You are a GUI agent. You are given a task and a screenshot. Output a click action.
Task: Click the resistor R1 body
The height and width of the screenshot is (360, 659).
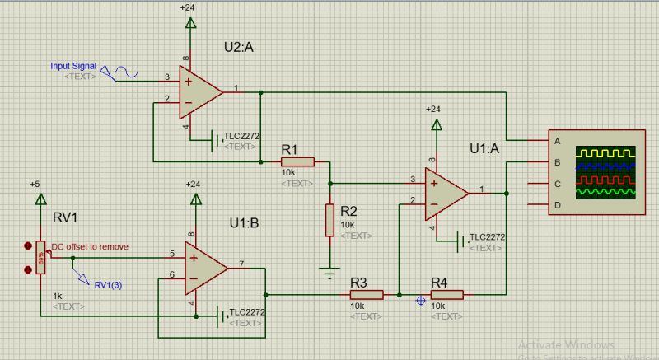tap(297, 161)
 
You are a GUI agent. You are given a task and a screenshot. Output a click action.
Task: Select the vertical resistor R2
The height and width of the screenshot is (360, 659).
tap(329, 219)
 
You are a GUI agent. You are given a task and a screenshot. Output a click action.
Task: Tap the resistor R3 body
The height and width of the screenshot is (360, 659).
tap(367, 294)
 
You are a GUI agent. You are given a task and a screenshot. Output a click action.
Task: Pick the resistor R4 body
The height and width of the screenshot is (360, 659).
tap(447, 294)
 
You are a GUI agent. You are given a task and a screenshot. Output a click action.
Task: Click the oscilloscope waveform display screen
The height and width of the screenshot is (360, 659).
tap(606, 173)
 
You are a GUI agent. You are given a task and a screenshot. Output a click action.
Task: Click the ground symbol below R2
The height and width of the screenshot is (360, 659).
tap(329, 269)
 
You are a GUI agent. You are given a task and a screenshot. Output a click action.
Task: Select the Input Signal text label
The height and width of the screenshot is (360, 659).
tap(73, 65)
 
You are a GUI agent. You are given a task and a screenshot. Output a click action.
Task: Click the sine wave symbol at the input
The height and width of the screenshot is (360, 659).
tap(125, 73)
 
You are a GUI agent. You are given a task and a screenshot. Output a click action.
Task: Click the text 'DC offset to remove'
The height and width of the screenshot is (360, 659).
tap(90, 246)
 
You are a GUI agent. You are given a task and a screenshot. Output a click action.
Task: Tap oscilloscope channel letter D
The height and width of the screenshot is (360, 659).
tap(558, 204)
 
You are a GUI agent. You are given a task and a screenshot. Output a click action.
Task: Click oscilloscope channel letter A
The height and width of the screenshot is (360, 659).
tap(558, 141)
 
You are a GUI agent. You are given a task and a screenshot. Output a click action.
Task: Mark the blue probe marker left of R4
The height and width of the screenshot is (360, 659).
tap(422, 302)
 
